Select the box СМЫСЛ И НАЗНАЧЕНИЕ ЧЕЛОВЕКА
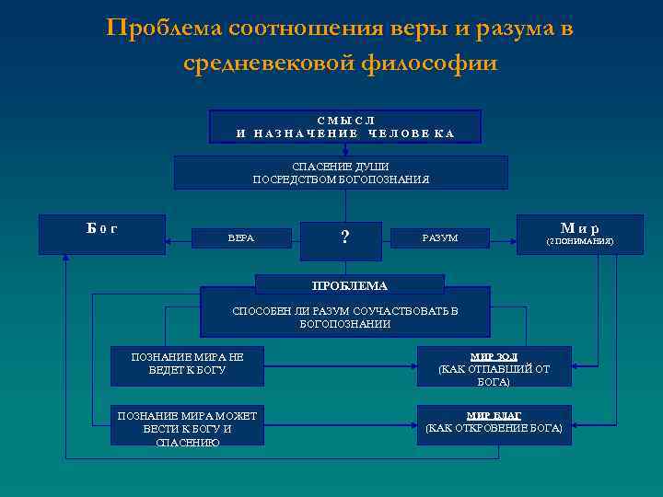pos(345,127)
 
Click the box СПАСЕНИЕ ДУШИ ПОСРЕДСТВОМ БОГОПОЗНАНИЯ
pos(341,172)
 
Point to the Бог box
pos(101,234)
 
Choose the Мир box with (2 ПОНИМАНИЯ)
pos(579,234)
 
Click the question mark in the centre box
pos(344,237)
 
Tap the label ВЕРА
pos(241,238)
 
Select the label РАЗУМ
pos(439,238)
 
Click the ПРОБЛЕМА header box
pos(349,285)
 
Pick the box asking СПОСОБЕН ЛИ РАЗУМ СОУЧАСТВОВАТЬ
pos(345,317)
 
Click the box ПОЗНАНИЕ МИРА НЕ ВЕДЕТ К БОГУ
pos(187,364)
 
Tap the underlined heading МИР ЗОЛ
pos(494,356)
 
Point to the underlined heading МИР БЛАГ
pos(494,415)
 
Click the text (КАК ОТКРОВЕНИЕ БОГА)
pos(494,429)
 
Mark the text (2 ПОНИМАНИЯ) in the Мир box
pos(579,242)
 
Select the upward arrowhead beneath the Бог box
pos(65,259)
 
